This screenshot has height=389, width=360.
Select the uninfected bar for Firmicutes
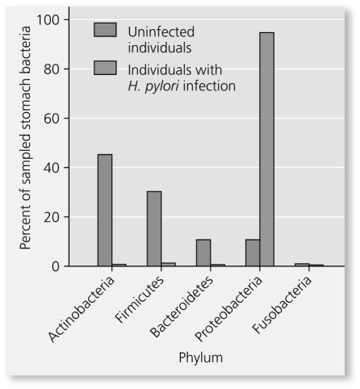tap(154, 228)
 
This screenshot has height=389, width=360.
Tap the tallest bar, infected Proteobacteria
tap(267, 149)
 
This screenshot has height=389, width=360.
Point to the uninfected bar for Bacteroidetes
tap(203, 253)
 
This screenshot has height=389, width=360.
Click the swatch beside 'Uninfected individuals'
tap(106, 30)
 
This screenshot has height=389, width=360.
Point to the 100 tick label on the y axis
tap(58, 19)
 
